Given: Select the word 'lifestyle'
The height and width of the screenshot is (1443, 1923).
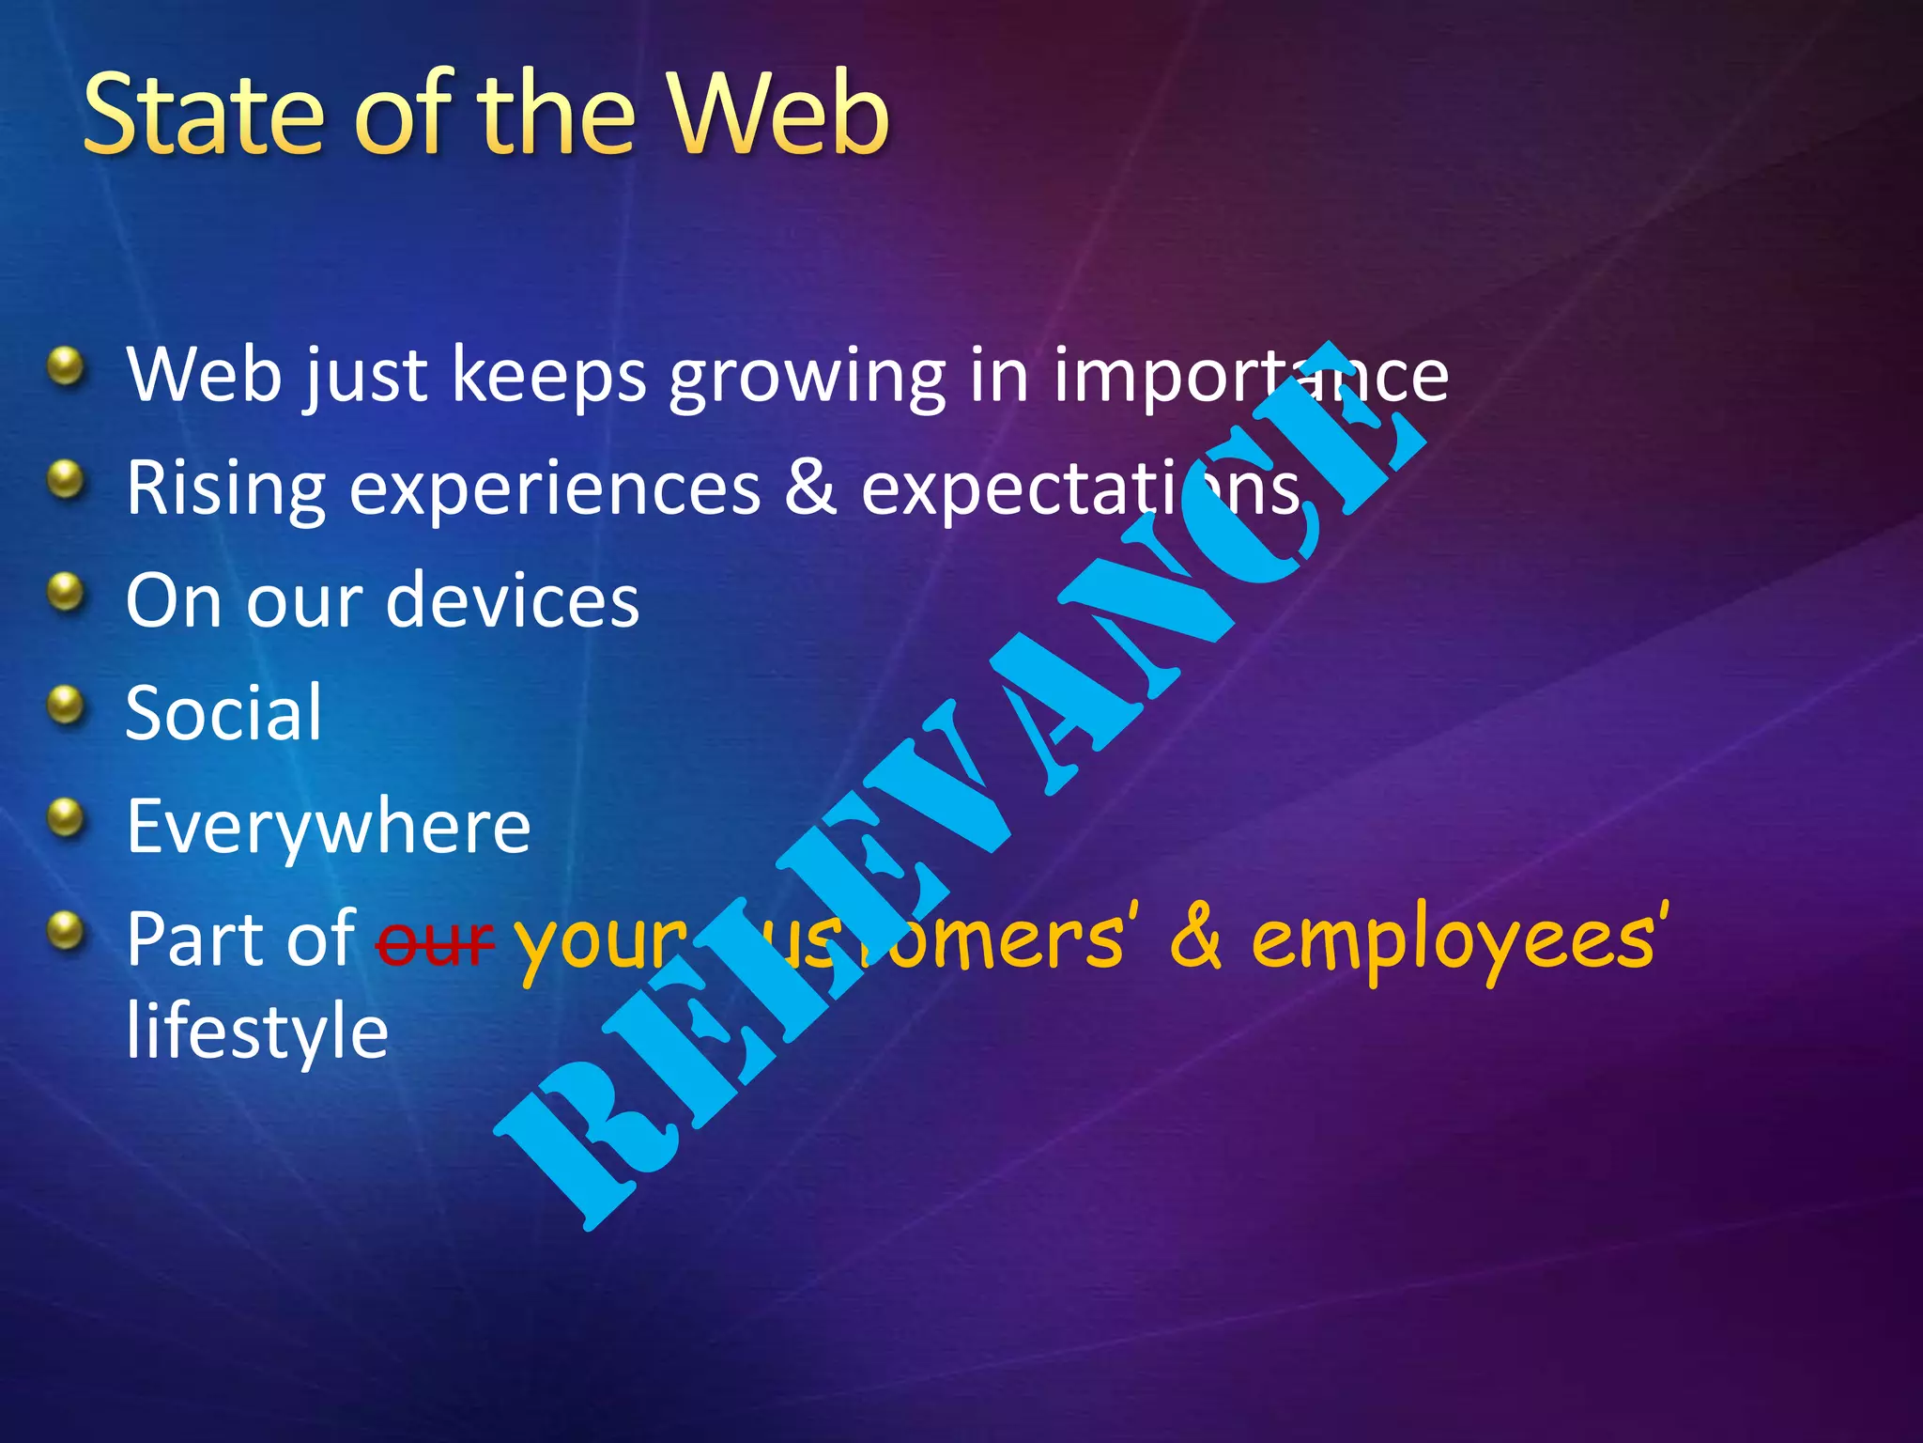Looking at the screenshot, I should point(257,1032).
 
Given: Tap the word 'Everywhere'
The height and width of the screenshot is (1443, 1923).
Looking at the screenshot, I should point(329,827).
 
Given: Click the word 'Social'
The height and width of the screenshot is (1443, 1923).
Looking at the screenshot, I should point(223,712).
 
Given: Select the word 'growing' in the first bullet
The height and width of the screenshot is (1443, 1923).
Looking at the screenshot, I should point(807,376).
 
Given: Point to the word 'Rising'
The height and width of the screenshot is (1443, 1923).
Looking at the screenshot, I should point(225,489).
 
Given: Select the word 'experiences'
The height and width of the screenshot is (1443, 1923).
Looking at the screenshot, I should point(554,489).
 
